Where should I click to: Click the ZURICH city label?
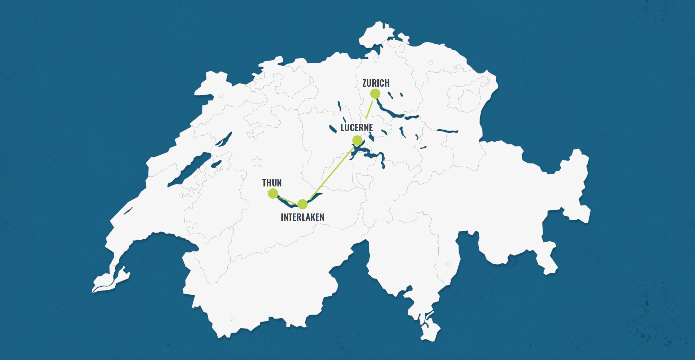click(376, 83)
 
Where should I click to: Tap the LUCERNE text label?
click(357, 128)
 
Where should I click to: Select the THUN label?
click(272, 183)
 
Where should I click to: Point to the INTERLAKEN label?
click(302, 217)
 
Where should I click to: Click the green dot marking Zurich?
click(375, 94)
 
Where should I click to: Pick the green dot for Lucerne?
click(357, 140)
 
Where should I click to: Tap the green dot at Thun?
click(273, 193)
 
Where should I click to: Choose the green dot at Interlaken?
click(302, 204)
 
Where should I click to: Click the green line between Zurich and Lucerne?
click(369, 110)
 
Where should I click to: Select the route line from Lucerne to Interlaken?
click(332, 172)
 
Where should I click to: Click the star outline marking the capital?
click(257, 162)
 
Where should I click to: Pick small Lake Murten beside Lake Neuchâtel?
click(216, 164)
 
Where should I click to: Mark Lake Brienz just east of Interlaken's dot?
click(316, 196)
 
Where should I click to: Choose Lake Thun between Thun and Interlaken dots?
click(287, 204)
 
